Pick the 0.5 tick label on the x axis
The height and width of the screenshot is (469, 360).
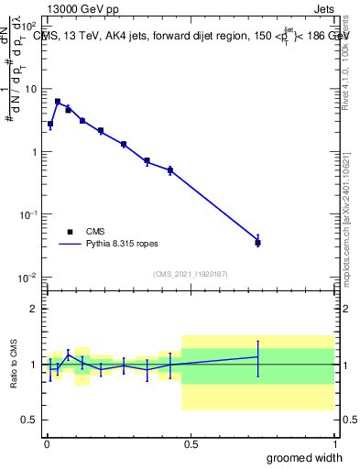pyautogui.click(x=191, y=443)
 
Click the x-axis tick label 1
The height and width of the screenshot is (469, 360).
pyautogui.click(x=334, y=443)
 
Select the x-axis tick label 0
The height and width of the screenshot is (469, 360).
pyautogui.click(x=47, y=443)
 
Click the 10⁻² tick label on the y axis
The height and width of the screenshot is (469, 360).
pyautogui.click(x=28, y=278)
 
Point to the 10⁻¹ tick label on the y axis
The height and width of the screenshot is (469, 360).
pyautogui.click(x=28, y=214)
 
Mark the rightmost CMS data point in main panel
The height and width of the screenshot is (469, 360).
pyautogui.click(x=258, y=243)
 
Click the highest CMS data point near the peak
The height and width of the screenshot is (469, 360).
pyautogui.click(x=58, y=102)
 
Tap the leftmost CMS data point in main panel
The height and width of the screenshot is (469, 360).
pyautogui.click(x=50, y=124)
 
